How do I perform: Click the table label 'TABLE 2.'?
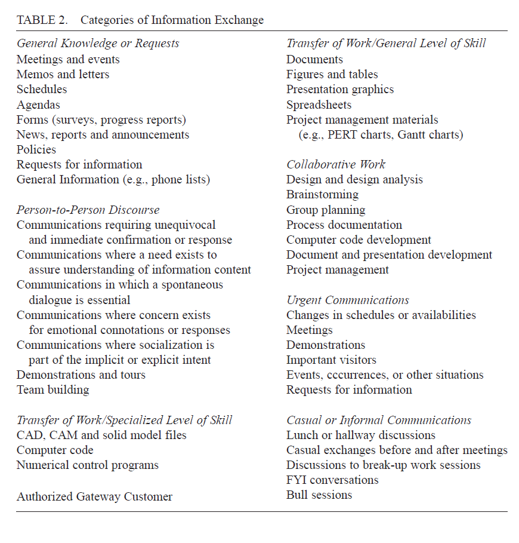pyautogui.click(x=44, y=20)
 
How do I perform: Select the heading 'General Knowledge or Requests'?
pyautogui.click(x=98, y=44)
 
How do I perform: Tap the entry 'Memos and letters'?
pyautogui.click(x=63, y=74)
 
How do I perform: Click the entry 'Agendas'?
pyautogui.click(x=38, y=105)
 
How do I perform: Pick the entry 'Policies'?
pyautogui.click(x=36, y=149)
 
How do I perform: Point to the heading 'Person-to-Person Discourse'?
pyautogui.click(x=88, y=210)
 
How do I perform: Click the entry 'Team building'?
pyautogui.click(x=53, y=390)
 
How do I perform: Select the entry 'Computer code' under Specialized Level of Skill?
pyautogui.click(x=55, y=450)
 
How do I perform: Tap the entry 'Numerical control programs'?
pyautogui.click(x=88, y=465)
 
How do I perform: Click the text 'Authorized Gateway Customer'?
pyautogui.click(x=94, y=496)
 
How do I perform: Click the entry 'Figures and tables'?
pyautogui.click(x=332, y=74)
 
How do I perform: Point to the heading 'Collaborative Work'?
pyautogui.click(x=336, y=164)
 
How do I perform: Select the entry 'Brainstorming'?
pyautogui.click(x=322, y=195)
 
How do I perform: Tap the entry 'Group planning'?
pyautogui.click(x=326, y=210)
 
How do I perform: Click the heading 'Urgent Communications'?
pyautogui.click(x=348, y=300)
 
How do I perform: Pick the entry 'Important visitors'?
pyautogui.click(x=331, y=360)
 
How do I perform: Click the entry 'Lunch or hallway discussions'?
pyautogui.click(x=361, y=435)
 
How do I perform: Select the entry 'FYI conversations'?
pyautogui.click(x=332, y=480)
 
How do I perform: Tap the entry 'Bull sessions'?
pyautogui.click(x=319, y=495)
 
